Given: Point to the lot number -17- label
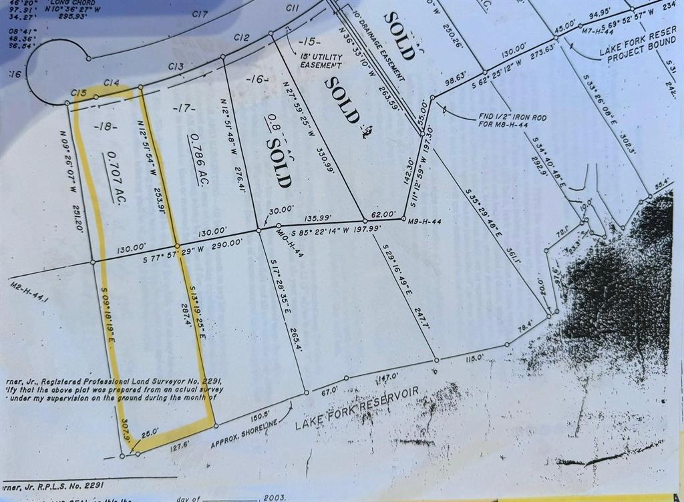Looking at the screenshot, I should point(183,108).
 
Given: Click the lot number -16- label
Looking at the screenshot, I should point(256,79).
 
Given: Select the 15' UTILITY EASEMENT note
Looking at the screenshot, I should point(321,61).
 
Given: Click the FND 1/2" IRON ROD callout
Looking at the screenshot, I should point(512,121).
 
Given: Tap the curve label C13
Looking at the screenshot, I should point(176,65).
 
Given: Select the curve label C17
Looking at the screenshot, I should point(200,13).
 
